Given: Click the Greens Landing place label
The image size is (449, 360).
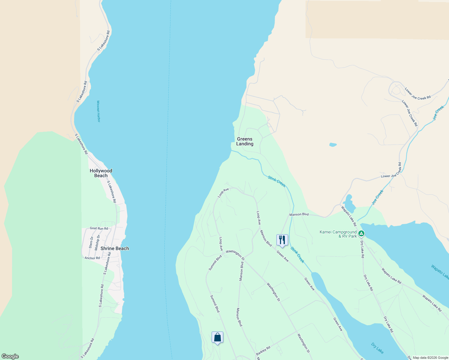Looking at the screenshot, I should tap(245, 141).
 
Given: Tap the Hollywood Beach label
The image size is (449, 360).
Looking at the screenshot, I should tap(101, 173).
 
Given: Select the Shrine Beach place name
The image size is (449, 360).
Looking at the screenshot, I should tap(115, 248).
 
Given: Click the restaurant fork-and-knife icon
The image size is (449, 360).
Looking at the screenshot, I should tap(282, 240).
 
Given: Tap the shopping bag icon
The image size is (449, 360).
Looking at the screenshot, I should tap(217, 337).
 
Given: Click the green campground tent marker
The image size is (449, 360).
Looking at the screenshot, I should tap(362, 233).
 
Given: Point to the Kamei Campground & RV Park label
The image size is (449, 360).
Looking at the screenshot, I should tap(338, 234).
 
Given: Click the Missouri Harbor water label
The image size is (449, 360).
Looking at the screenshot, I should tap(98, 111).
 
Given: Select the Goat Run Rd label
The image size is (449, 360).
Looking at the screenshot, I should tap(99, 229).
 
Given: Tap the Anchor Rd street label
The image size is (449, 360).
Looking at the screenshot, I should tap(92, 258).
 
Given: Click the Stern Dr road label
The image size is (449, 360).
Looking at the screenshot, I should tap(91, 242).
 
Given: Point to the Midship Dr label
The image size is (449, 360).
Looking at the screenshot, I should tap(97, 242).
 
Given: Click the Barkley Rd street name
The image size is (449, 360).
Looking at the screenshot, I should tap(263, 351).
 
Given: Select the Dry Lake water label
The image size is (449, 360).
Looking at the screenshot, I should tap(377, 348).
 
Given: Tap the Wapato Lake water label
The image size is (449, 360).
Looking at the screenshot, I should tap(440, 271).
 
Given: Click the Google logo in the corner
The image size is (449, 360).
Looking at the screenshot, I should tap(10, 356).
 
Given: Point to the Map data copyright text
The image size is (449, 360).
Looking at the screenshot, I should tap(430, 358).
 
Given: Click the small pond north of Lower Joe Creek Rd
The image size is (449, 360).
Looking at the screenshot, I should tap(333, 145).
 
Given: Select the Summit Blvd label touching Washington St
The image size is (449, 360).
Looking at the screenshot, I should tap(215, 263).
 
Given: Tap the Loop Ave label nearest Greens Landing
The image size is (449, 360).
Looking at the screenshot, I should tap(223, 193).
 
